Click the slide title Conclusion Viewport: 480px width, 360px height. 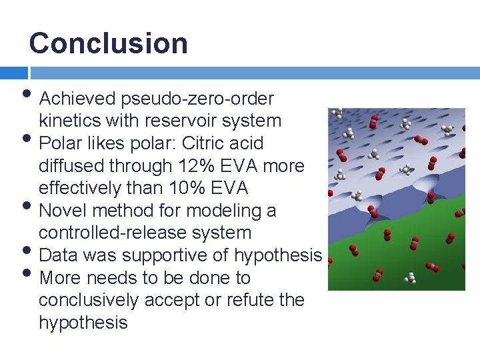click(108, 43)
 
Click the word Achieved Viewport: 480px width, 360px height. click(78, 99)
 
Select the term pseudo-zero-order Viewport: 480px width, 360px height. click(197, 99)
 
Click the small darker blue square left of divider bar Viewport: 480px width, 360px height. click(13, 73)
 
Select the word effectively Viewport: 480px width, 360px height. click(82, 188)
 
